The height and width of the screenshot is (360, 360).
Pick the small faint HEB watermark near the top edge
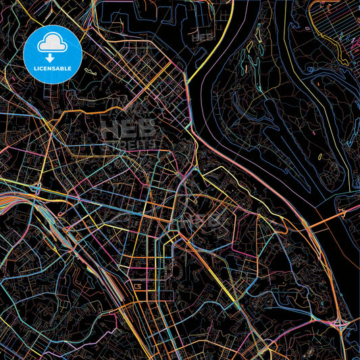[200, 38]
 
